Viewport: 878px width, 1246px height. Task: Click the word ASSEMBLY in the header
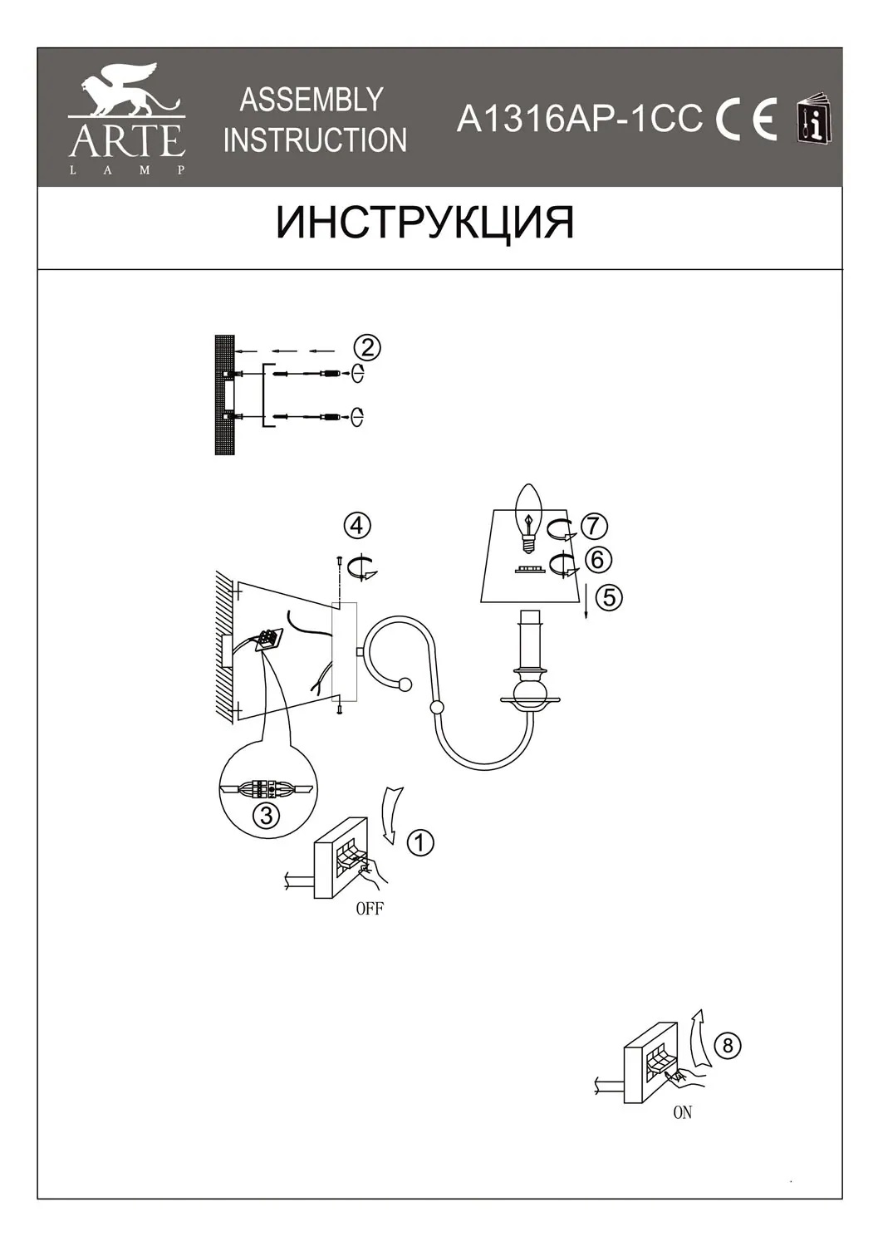pyautogui.click(x=311, y=100)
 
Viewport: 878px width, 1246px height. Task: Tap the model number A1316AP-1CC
pyautogui.click(x=580, y=119)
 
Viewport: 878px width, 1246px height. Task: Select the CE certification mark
pyautogui.click(x=746, y=120)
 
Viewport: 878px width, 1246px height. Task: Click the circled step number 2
pyautogui.click(x=368, y=348)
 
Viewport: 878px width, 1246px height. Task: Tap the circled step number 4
pyautogui.click(x=357, y=526)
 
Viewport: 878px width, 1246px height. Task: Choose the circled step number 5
pyautogui.click(x=609, y=598)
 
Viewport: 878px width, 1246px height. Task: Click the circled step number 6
pyautogui.click(x=597, y=560)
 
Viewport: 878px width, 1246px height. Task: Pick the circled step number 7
pyautogui.click(x=594, y=526)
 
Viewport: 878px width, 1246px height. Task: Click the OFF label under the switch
pyautogui.click(x=370, y=909)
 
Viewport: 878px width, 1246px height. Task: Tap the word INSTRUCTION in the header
pyautogui.click(x=315, y=140)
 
